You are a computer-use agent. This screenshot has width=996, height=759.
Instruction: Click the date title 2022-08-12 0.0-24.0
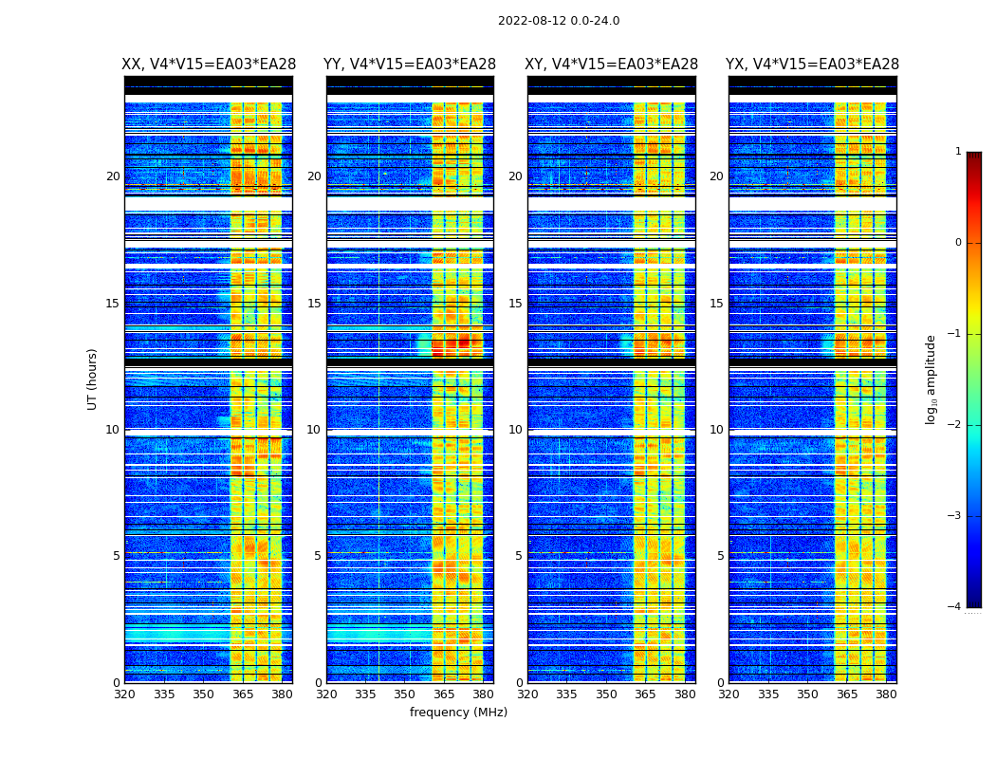click(559, 21)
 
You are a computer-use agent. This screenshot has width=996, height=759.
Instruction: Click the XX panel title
click(209, 65)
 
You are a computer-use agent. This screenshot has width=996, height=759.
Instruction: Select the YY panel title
click(410, 65)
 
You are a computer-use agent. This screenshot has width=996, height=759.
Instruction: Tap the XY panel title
click(612, 65)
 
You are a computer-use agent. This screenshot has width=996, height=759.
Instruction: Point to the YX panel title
click(812, 65)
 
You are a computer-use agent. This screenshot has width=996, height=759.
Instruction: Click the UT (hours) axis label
click(93, 379)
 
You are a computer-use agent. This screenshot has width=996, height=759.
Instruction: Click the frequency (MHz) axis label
click(458, 713)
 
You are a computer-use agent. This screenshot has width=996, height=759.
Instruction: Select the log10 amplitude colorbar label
click(931, 379)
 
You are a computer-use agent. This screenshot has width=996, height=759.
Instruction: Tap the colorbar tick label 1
click(958, 152)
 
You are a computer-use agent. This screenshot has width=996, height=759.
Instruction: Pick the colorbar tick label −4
click(955, 607)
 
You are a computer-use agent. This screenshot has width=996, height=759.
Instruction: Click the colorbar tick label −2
click(955, 425)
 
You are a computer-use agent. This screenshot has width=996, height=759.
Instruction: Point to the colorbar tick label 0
click(958, 243)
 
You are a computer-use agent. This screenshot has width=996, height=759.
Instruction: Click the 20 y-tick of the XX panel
click(113, 176)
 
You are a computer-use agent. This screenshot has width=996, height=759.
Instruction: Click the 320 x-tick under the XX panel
click(124, 694)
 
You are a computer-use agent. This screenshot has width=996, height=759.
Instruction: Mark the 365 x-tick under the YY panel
click(444, 694)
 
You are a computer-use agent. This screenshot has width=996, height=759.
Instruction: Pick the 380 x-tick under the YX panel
click(886, 694)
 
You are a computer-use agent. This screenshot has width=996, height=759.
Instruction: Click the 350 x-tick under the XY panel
click(606, 694)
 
